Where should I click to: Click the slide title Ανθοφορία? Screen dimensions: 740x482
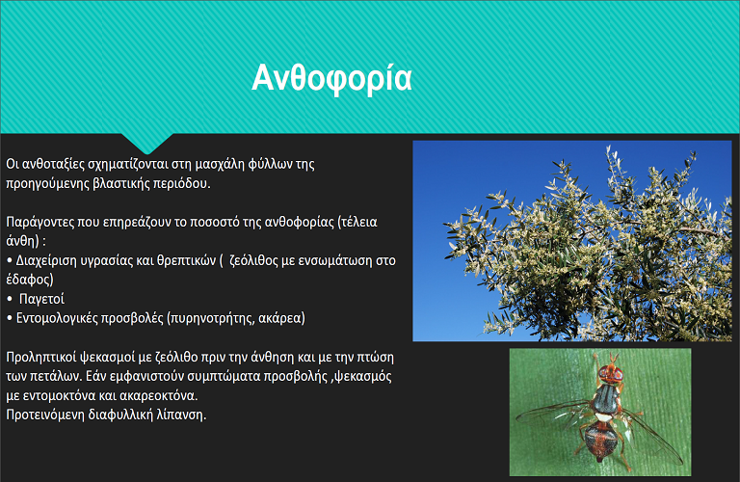point(331,78)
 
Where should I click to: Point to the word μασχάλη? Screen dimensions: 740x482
point(220,164)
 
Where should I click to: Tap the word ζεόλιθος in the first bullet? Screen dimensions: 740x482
point(253,260)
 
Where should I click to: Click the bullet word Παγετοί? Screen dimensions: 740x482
point(41,299)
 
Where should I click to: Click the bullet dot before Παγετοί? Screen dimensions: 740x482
point(10,299)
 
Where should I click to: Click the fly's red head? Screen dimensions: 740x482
point(610,373)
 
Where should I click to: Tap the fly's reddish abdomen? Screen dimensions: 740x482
point(600,439)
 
